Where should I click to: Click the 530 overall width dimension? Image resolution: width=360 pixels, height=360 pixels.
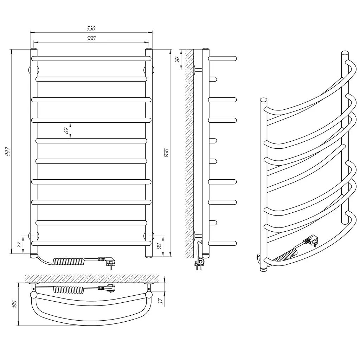(x=91, y=28)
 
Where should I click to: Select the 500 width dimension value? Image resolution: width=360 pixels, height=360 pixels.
(x=91, y=38)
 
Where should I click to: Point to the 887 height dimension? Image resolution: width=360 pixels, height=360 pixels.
(x=8, y=152)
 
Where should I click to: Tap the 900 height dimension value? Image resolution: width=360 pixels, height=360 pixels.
(x=166, y=153)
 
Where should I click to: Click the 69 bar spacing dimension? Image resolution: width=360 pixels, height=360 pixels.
(x=66, y=130)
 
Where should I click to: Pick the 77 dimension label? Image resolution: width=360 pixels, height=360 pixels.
(x=19, y=244)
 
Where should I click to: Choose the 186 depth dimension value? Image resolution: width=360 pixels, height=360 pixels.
(x=14, y=304)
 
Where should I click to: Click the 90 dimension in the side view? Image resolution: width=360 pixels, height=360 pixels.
(x=177, y=59)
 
